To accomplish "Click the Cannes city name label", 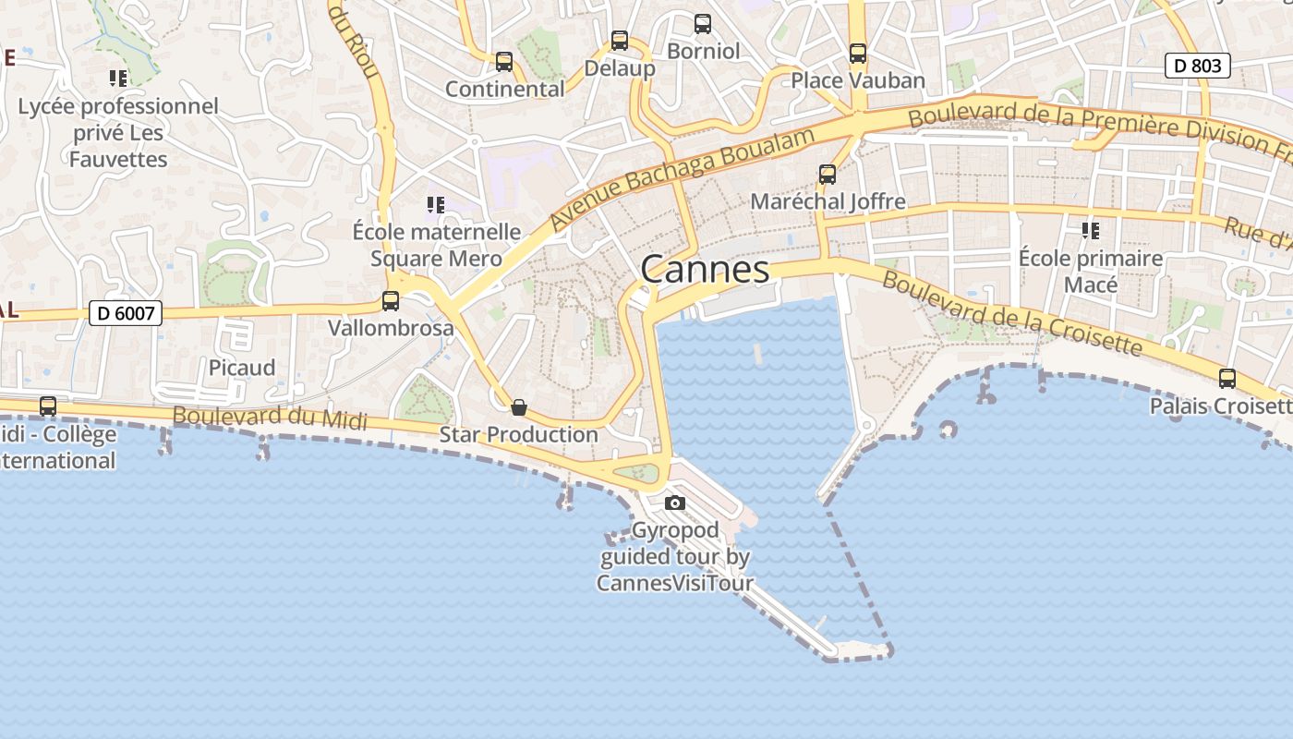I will pos(705,270).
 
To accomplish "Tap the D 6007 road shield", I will pos(126,313).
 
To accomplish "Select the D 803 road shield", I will pos(1197,66).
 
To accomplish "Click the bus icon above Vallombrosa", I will pos(391,300).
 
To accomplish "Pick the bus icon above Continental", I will pos(503,62).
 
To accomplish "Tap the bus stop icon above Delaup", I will pos(619,41).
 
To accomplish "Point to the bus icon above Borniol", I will pos(703,24).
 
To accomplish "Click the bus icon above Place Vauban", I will pos(858,54).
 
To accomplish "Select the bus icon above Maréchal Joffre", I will pos(828,174).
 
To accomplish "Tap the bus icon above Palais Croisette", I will pos(1227,378).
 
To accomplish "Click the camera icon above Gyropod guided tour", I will pos(675,503).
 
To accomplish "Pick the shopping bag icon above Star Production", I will pos(519,406).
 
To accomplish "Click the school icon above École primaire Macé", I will pos(1090,230).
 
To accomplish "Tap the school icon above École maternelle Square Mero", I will pos(435,204).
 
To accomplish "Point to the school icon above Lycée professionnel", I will pos(117,79).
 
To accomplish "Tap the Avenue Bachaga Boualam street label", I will pos(683,179).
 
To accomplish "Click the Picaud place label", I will pos(241,368).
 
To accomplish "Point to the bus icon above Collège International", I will pos(48,406).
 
